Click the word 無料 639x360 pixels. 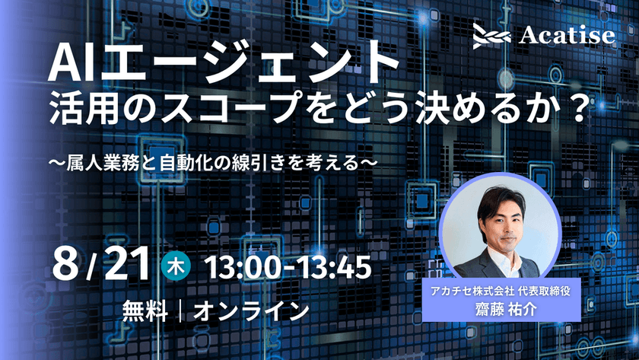(144, 311)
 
